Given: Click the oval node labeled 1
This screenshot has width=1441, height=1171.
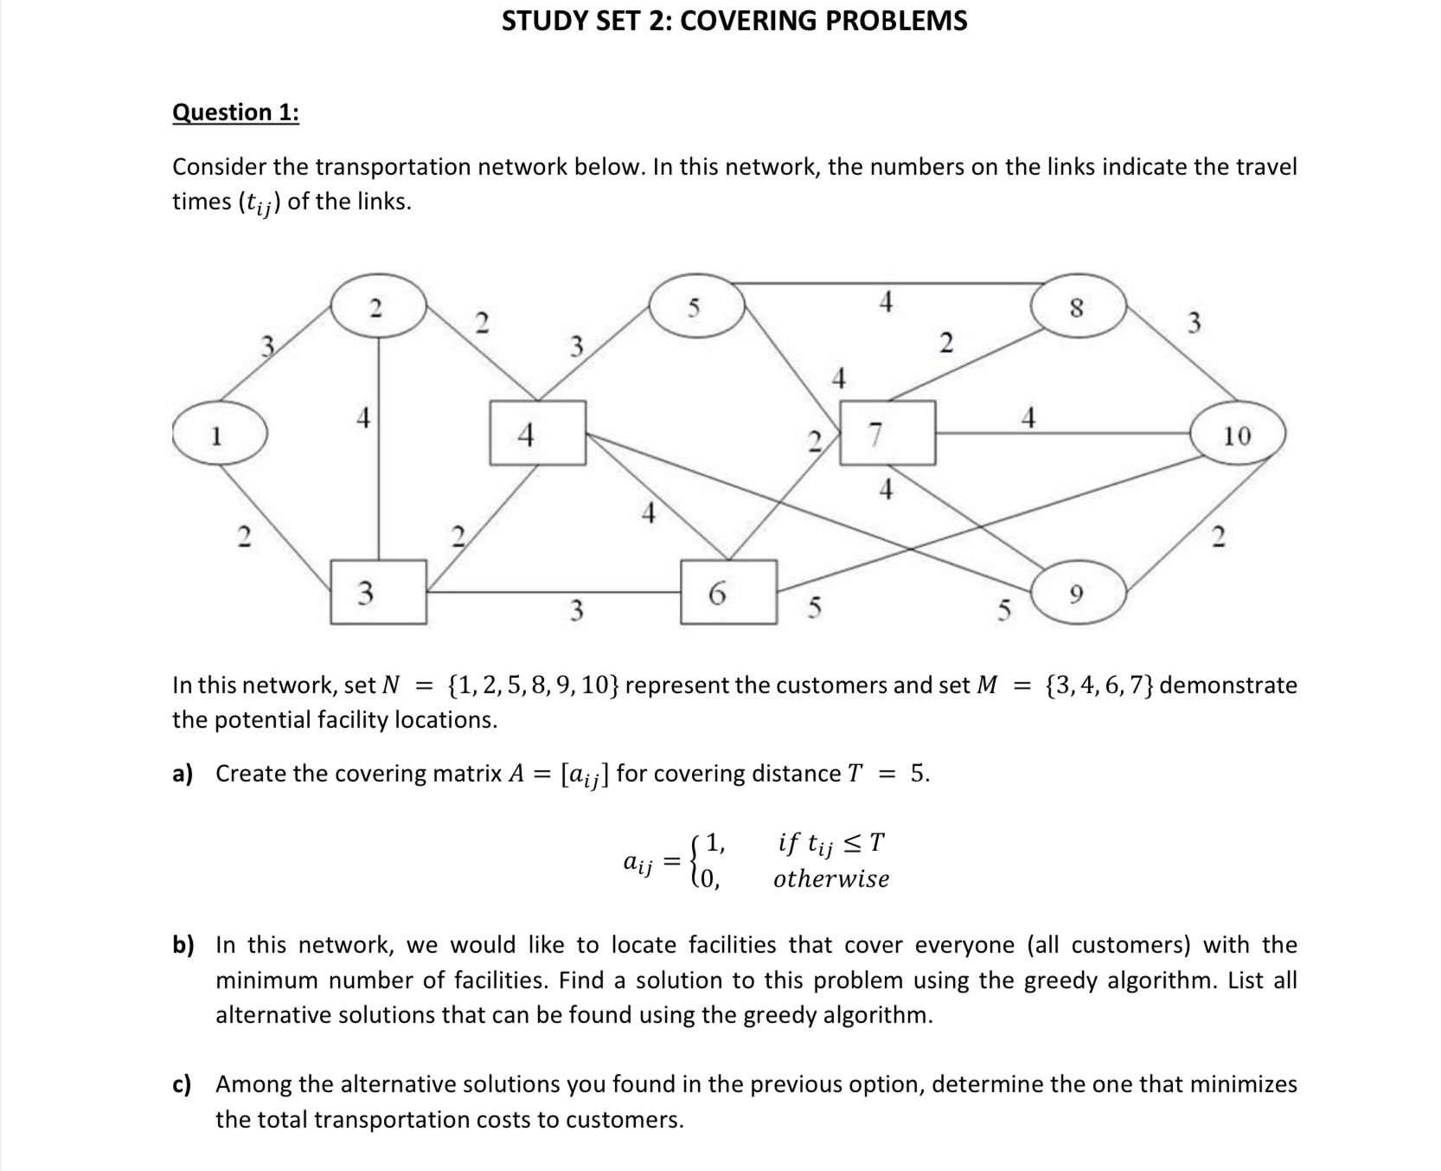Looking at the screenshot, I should (220, 434).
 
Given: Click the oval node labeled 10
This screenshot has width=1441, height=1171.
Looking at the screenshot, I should (1238, 434).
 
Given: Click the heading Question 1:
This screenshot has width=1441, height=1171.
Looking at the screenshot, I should (235, 113).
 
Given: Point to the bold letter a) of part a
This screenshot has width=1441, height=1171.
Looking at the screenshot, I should (183, 774).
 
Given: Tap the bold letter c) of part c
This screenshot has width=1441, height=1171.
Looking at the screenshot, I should (183, 1084).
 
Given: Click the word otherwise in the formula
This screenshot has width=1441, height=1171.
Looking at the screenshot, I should (830, 879).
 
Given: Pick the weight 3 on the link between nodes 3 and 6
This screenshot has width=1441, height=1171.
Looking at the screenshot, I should (576, 611).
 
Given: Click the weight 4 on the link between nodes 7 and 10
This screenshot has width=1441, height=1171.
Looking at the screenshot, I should (1028, 419).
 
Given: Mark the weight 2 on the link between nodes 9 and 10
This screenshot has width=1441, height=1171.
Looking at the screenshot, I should (1218, 537).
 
